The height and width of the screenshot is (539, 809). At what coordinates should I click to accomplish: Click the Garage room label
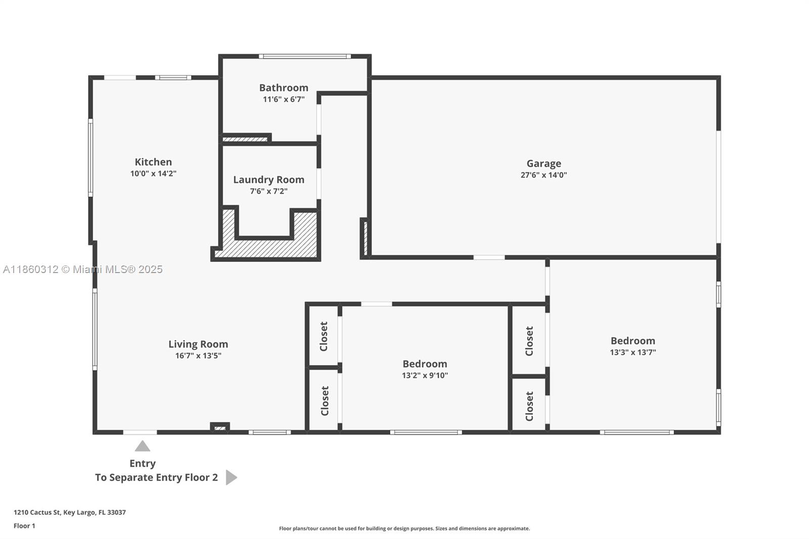(544, 164)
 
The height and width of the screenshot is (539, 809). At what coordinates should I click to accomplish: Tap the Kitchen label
(153, 162)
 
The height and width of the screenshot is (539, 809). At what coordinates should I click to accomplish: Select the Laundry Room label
(268, 179)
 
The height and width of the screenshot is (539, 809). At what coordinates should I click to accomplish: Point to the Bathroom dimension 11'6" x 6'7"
(284, 99)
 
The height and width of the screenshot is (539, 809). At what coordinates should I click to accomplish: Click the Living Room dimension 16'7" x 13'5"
(198, 355)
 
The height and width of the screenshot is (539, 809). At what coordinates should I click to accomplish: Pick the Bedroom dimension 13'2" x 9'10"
(425, 375)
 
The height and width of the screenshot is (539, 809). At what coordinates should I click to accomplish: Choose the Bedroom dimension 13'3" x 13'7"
(633, 352)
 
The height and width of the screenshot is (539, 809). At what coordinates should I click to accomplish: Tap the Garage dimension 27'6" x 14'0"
(544, 175)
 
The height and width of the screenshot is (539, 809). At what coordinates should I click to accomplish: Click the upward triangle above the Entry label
(142, 446)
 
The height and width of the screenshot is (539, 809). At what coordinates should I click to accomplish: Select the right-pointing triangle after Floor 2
(231, 477)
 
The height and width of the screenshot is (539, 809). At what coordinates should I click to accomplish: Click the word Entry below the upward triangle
(142, 464)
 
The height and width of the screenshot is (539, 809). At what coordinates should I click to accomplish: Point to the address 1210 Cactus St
(37, 512)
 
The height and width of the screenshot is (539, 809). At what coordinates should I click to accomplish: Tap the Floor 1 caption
(24, 526)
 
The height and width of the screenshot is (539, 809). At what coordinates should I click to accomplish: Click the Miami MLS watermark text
(83, 269)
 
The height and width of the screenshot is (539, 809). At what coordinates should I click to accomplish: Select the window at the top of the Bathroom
(305, 56)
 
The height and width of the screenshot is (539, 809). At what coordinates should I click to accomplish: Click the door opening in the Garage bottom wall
(489, 257)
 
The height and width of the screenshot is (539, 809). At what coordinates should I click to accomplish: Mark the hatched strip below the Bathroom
(244, 139)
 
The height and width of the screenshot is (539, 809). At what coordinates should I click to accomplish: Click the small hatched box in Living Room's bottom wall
(220, 428)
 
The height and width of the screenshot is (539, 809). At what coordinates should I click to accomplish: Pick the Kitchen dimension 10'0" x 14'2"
(153, 173)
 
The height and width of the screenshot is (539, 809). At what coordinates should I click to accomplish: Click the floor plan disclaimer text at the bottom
(404, 528)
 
